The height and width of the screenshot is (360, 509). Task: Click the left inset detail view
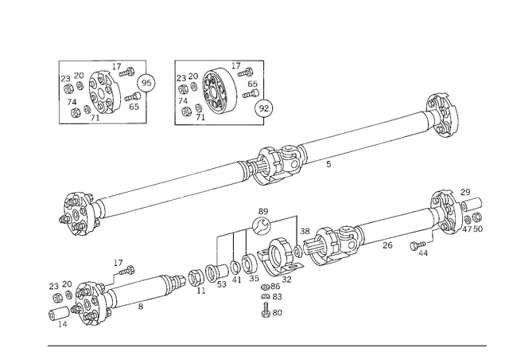[106, 90]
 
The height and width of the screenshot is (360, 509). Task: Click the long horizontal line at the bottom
[266, 346]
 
